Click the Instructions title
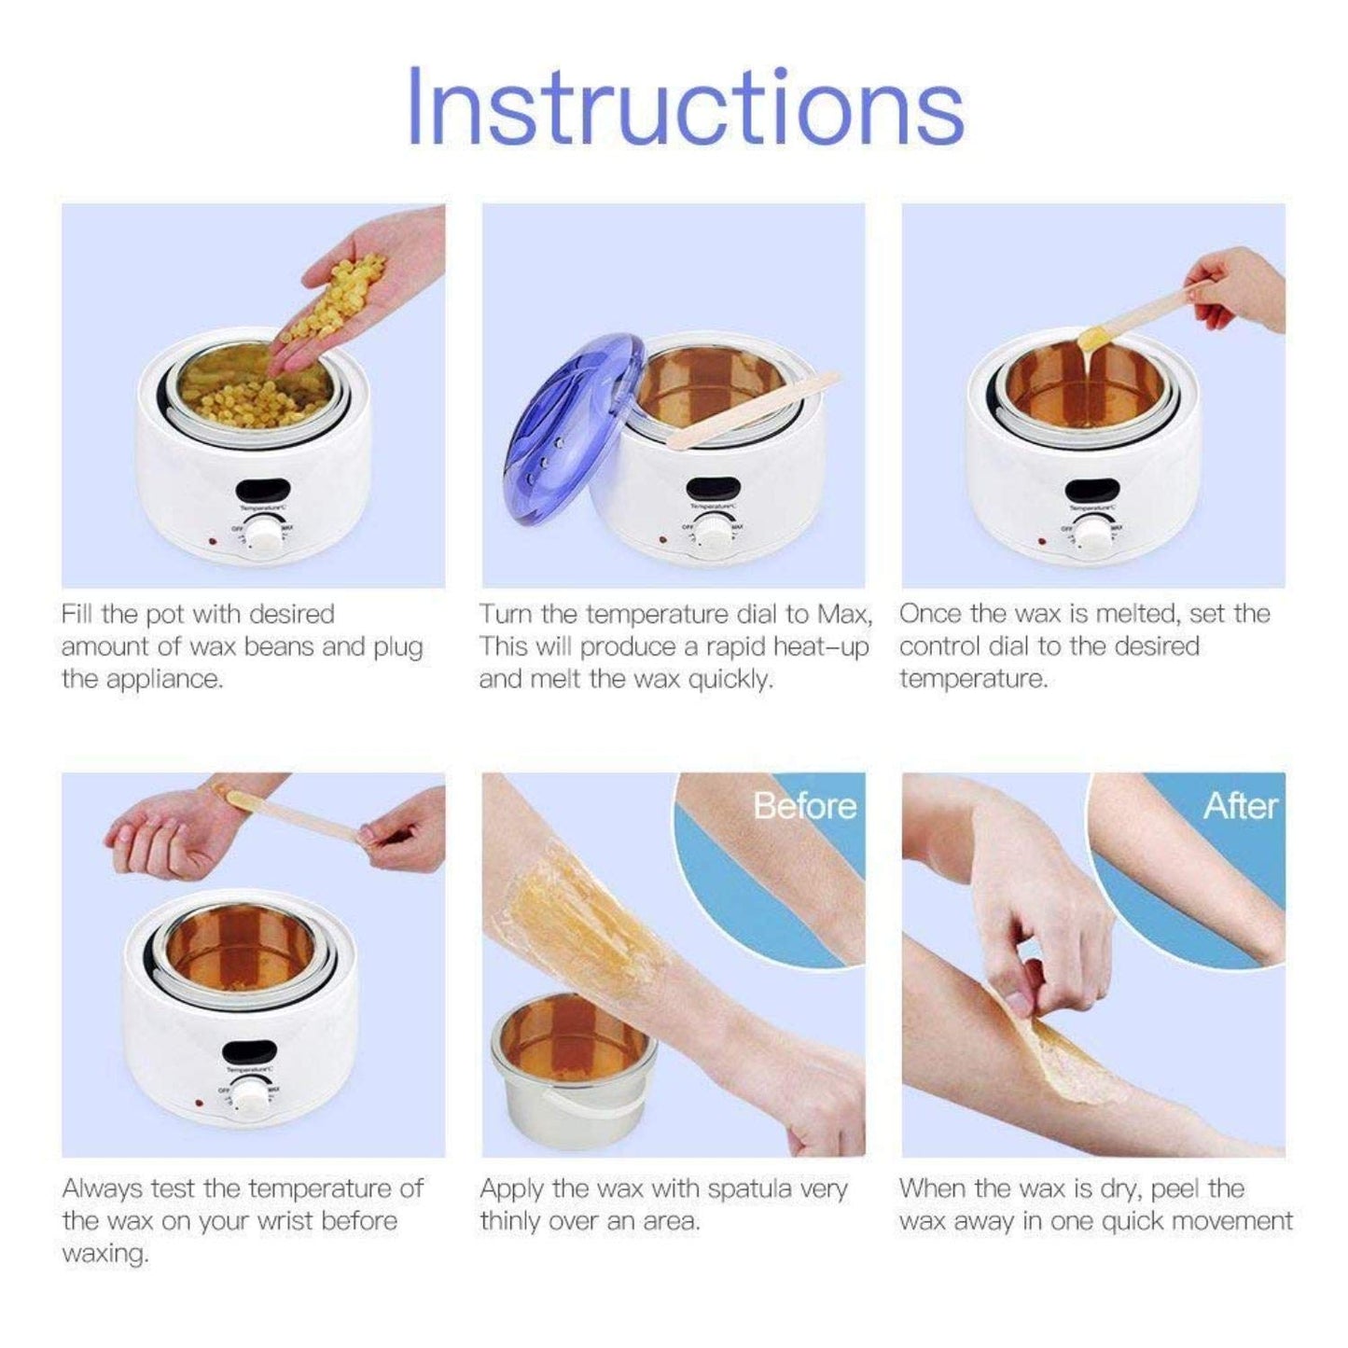point(686,104)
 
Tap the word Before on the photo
point(804,806)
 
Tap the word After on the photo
point(1239,806)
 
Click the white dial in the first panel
point(267,535)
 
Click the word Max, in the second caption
point(845,615)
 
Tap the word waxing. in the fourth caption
point(104,1254)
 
